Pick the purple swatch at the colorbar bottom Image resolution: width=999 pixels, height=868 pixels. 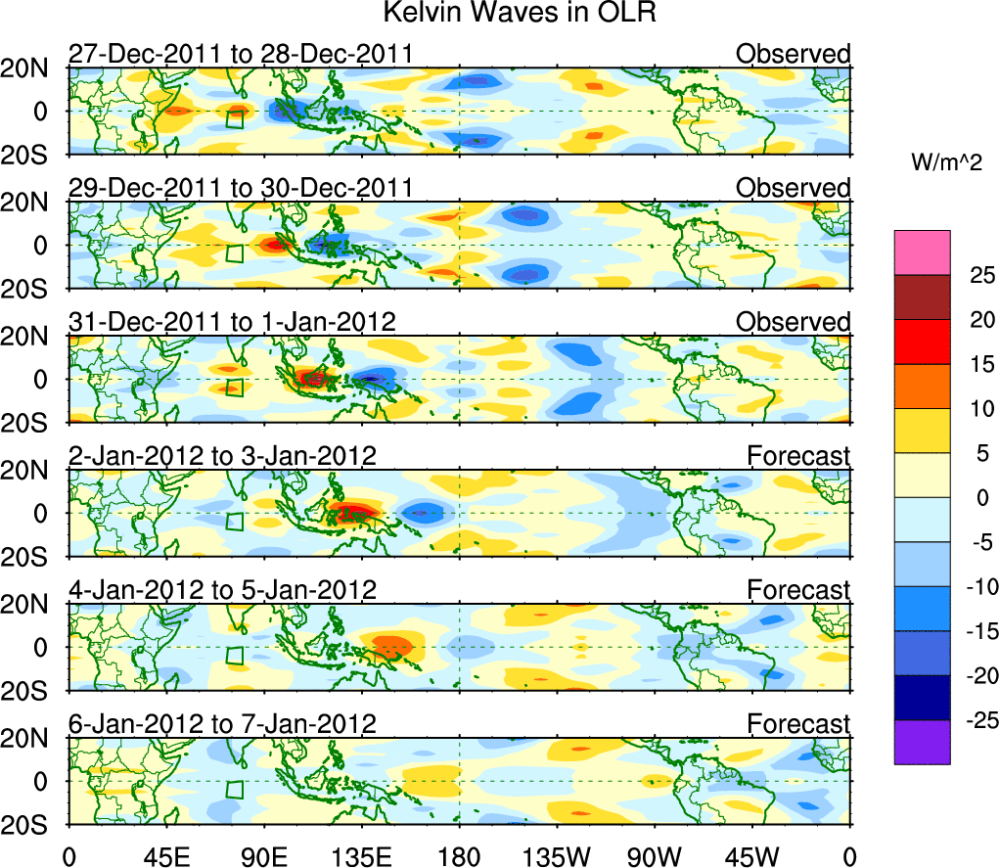[921, 742]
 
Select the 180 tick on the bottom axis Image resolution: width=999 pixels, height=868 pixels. [459, 855]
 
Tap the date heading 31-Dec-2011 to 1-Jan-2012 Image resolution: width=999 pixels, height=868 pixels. [232, 322]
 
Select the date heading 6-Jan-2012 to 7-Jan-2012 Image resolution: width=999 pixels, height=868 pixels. [222, 723]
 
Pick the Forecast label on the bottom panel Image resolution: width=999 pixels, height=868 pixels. [798, 723]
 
